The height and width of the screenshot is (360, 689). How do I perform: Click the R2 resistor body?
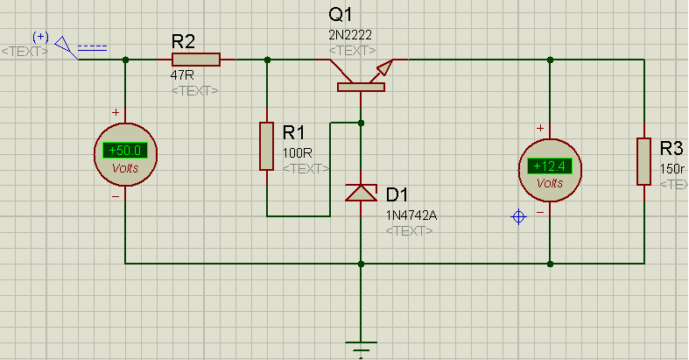(x=196, y=60)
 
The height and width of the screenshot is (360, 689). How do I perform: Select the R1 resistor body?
(x=267, y=146)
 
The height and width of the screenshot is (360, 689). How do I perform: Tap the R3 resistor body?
(x=644, y=161)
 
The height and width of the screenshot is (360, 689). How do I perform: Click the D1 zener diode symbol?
(x=361, y=193)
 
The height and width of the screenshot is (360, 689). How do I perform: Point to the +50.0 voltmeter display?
(x=125, y=151)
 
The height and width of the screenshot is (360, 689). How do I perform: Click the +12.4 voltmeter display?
(x=550, y=166)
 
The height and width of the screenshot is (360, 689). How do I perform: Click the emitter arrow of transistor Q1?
(x=383, y=68)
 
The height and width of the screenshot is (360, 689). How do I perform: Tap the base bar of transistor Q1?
(x=362, y=87)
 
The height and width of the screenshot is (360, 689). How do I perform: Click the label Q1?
(x=341, y=15)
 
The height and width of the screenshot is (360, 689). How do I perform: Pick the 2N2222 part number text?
(x=350, y=35)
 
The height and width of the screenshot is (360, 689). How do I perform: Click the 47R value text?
(x=182, y=75)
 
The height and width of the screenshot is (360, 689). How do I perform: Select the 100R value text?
(x=298, y=153)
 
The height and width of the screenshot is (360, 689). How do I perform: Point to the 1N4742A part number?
(x=411, y=215)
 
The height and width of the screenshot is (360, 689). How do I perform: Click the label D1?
(x=397, y=194)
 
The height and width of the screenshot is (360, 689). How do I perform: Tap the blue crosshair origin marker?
(x=518, y=216)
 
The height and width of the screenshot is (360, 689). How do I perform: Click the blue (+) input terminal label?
(x=41, y=37)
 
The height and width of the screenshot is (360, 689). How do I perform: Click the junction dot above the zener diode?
(x=361, y=124)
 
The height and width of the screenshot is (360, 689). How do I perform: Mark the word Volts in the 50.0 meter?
(x=125, y=168)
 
